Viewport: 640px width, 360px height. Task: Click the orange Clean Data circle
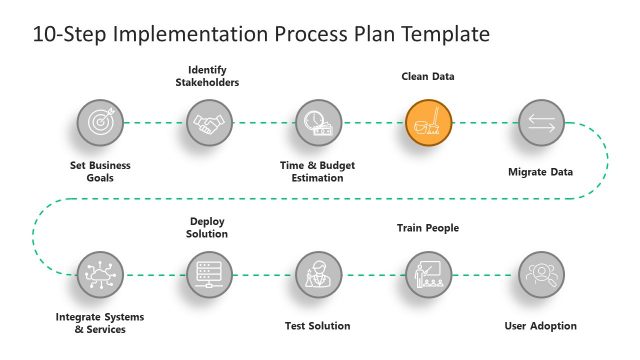point(429,123)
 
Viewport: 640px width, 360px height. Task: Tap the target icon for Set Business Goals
point(100,123)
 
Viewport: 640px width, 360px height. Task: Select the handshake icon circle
point(209,123)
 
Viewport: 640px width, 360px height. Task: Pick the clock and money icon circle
point(319,123)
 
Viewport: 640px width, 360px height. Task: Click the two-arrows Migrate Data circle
point(541,123)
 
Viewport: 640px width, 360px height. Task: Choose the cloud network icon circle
point(100,273)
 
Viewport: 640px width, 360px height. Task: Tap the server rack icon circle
point(209,273)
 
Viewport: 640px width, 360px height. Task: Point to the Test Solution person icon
point(319,273)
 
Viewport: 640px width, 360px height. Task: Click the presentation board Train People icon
point(429,273)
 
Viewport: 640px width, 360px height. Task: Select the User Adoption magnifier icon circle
point(541,273)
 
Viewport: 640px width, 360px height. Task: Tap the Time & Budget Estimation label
point(317,171)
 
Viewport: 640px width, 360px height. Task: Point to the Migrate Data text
point(540,172)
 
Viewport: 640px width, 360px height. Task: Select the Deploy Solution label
point(209,227)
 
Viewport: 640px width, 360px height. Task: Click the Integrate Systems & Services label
point(100,323)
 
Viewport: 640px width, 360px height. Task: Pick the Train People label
point(428,228)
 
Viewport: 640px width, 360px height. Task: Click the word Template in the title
point(444,34)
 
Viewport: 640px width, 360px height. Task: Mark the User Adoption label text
point(540,325)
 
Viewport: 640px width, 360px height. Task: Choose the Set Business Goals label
point(100,171)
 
